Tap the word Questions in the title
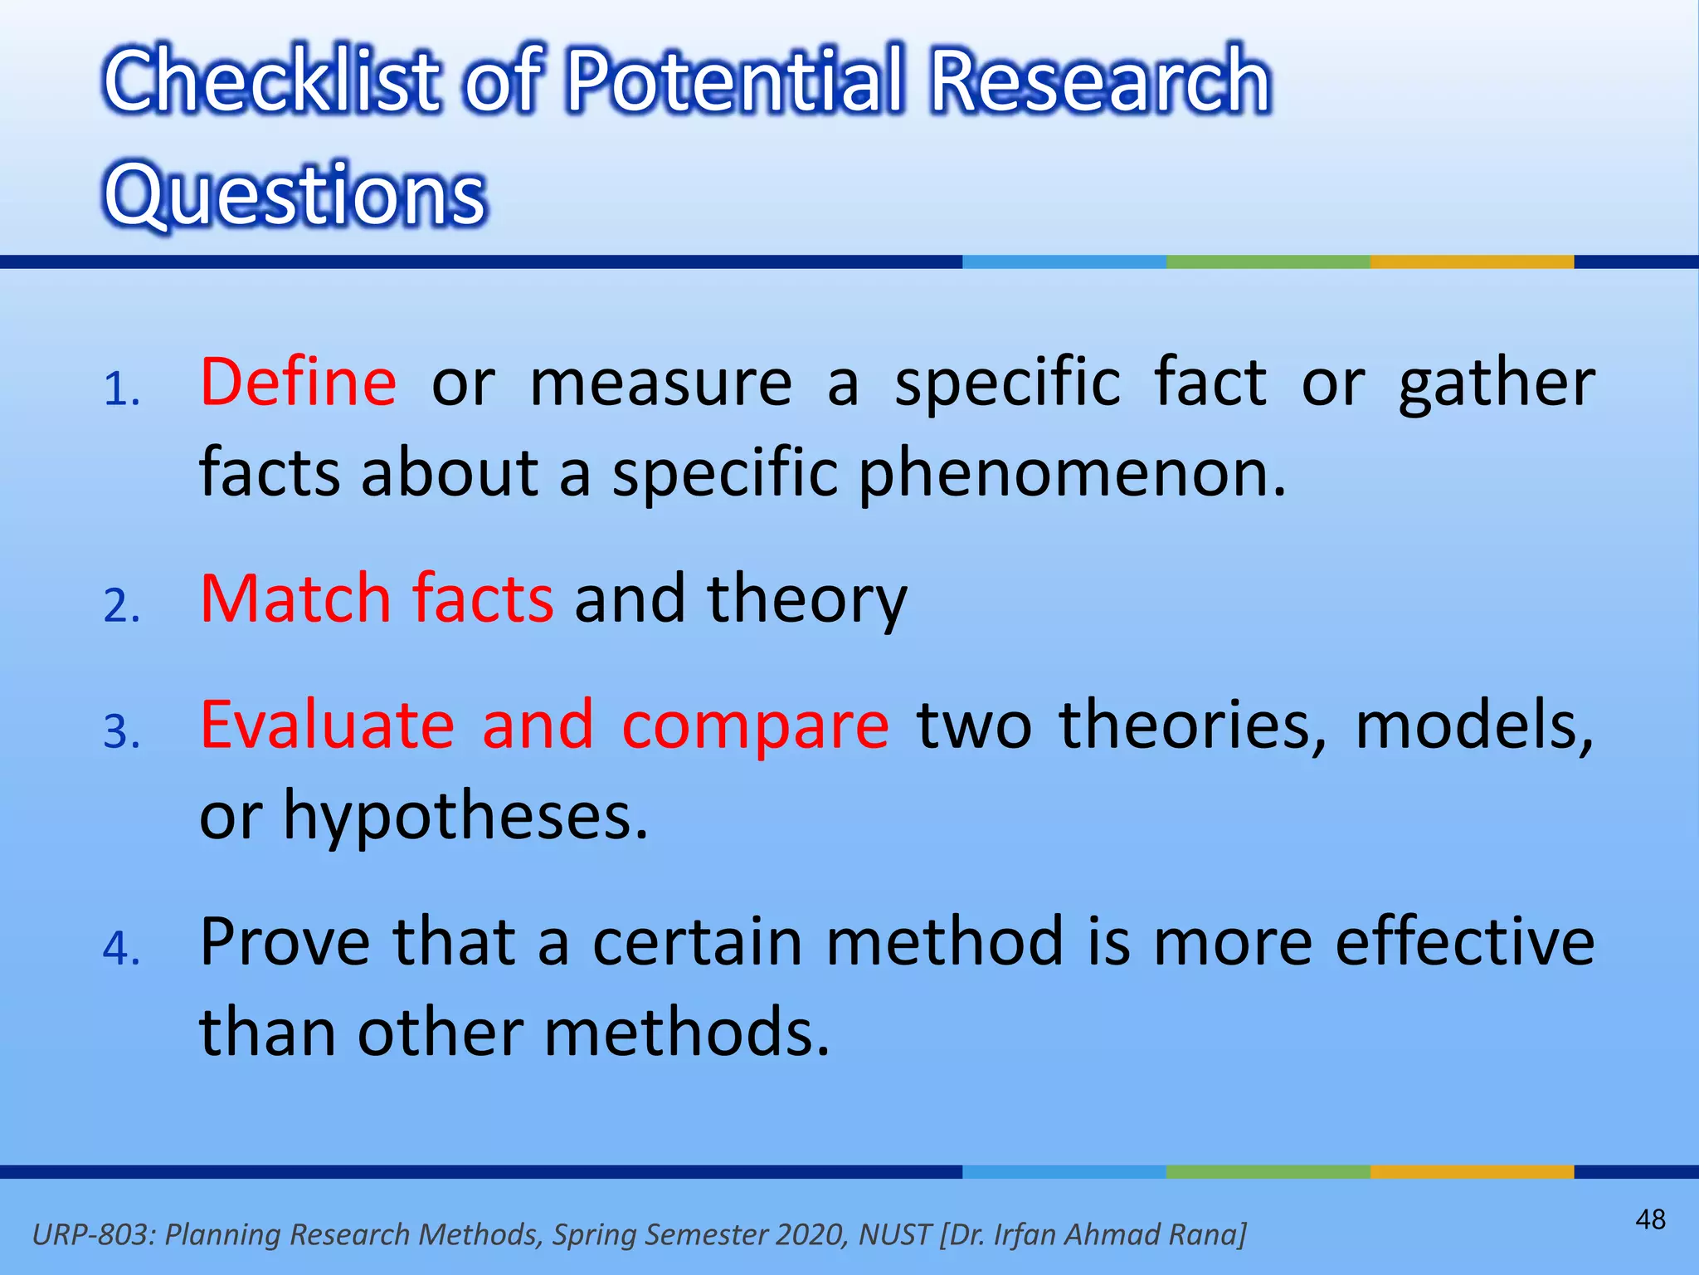pyautogui.click(x=295, y=193)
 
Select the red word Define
pyautogui.click(x=299, y=382)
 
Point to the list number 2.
pyautogui.click(x=121, y=606)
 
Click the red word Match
pyautogui.click(x=295, y=598)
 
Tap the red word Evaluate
pyautogui.click(x=328, y=725)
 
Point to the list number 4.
pyautogui.click(x=121, y=949)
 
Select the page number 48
pyautogui.click(x=1650, y=1219)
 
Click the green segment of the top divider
pyautogui.click(x=1268, y=261)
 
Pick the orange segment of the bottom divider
pyautogui.click(x=1471, y=1171)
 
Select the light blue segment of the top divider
pyautogui.click(x=1064, y=261)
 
